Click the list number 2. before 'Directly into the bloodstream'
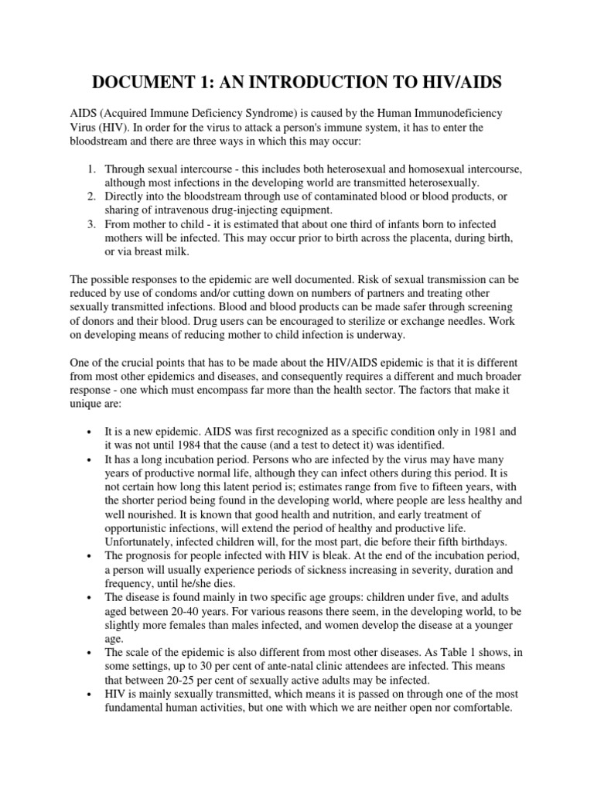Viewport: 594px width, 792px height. point(90,196)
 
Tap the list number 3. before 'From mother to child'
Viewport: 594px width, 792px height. point(90,224)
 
